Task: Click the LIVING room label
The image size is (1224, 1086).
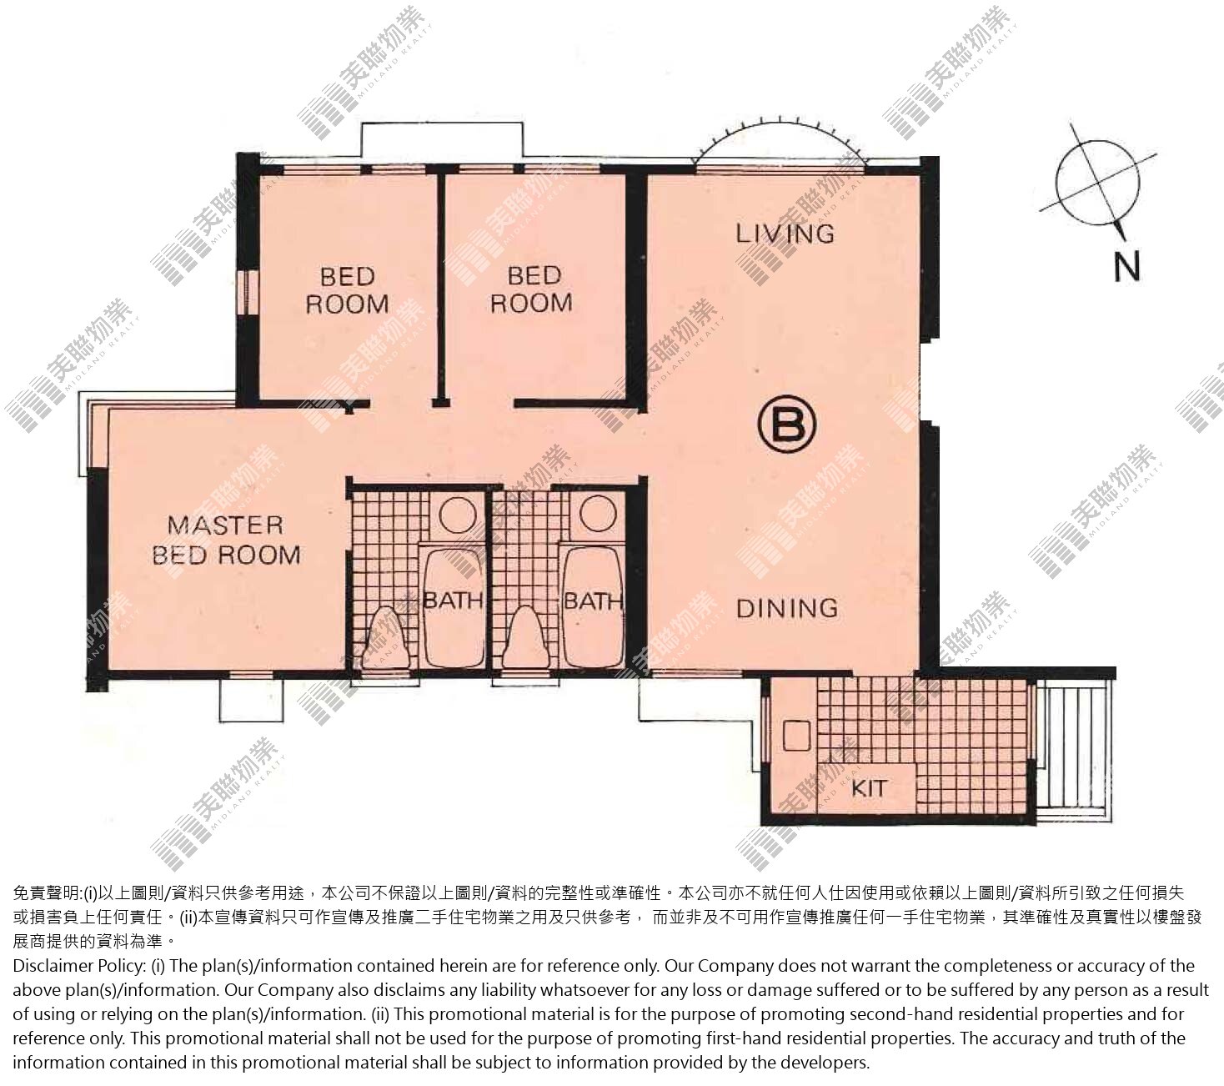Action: pyautogui.click(x=785, y=234)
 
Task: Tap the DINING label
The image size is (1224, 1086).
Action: pyautogui.click(x=787, y=609)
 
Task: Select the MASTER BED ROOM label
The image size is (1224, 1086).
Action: pyautogui.click(x=226, y=540)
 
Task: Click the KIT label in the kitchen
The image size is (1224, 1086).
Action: pyautogui.click(x=869, y=788)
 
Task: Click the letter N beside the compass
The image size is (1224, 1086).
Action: pyautogui.click(x=1126, y=267)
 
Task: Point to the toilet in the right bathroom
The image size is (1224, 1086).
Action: pyautogui.click(x=526, y=636)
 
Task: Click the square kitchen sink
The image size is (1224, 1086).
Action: pyautogui.click(x=796, y=736)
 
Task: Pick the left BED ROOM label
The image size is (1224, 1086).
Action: pyautogui.click(x=348, y=290)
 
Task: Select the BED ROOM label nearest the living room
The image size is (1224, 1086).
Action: pyautogui.click(x=532, y=289)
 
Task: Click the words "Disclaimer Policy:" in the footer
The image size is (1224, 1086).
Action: pyautogui.click(x=79, y=965)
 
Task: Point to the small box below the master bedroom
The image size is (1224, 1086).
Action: pyautogui.click(x=251, y=699)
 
